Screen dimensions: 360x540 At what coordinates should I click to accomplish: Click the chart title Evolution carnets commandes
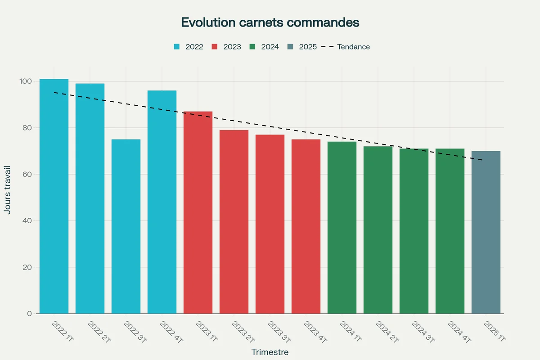coord(270,22)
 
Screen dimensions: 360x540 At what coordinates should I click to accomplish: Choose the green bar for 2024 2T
coord(378,230)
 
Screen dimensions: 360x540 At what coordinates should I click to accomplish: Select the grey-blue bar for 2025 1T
coord(486,232)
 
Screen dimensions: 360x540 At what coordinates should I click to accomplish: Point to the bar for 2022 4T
coord(162,202)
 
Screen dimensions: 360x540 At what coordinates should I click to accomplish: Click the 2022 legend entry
coord(189,47)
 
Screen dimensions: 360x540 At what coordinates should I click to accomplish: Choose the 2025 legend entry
coord(302,47)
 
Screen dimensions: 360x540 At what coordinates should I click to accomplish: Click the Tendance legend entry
coord(346,47)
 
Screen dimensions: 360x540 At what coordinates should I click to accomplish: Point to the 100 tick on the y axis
coord(25,81)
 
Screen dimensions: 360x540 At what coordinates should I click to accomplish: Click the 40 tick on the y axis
coord(27,221)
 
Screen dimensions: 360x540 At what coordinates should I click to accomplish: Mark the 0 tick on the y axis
coord(29,314)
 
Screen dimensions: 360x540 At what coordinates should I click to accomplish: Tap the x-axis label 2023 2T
coord(243,332)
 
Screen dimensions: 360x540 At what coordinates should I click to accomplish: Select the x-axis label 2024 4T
coord(459,332)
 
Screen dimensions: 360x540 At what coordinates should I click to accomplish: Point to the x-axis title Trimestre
coord(270,352)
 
